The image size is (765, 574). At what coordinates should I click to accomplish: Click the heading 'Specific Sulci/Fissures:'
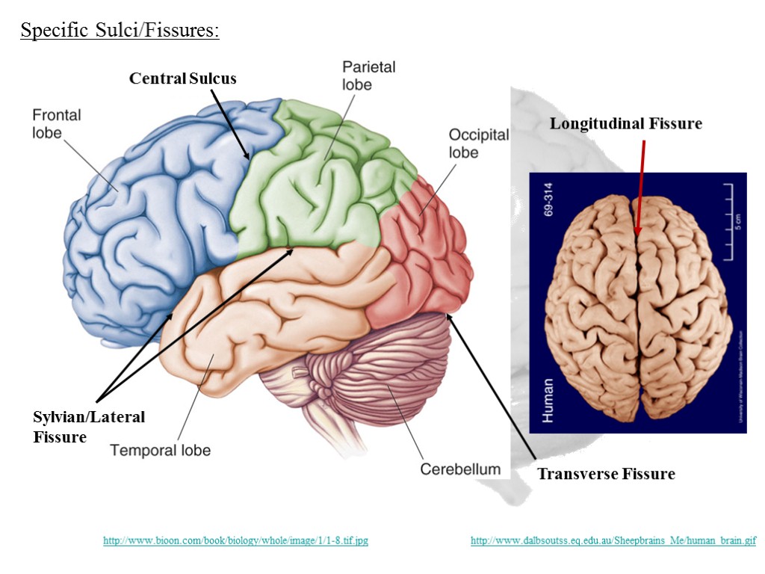[120, 31]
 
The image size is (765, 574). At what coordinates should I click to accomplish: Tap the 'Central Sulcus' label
[182, 78]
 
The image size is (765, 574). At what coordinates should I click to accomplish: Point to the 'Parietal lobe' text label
[368, 75]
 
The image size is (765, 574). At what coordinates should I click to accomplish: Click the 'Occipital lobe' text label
[478, 143]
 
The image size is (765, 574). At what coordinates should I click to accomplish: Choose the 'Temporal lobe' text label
[160, 450]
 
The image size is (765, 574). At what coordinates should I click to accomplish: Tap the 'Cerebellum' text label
[459, 469]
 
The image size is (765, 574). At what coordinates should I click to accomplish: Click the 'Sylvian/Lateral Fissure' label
[88, 427]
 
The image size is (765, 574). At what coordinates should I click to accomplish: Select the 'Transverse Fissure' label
[606, 474]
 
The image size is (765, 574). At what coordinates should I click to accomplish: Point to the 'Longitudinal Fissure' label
[626, 123]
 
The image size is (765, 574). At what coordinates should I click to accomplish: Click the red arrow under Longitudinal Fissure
[639, 187]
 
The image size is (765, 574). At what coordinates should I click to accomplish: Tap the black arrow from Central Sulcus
[230, 123]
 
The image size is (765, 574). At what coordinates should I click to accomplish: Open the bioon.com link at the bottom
[235, 540]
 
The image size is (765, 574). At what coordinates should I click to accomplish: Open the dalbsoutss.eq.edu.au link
[613, 540]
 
